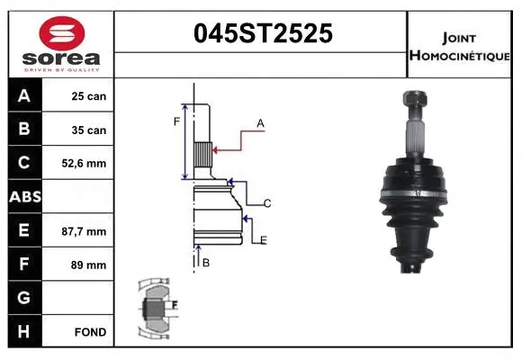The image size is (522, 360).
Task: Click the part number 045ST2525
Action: pyautogui.click(x=264, y=33)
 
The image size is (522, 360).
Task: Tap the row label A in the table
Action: pyautogui.click(x=22, y=96)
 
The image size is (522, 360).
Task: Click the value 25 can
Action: pyautogui.click(x=89, y=96)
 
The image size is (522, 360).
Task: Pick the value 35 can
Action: pyautogui.click(x=89, y=130)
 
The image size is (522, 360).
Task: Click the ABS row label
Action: pyautogui.click(x=22, y=197)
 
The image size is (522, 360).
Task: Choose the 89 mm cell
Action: pyautogui.click(x=89, y=265)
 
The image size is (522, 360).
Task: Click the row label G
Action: pyautogui.click(x=22, y=298)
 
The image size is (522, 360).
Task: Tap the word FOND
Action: pyautogui.click(x=90, y=332)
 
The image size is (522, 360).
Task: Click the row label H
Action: pyautogui.click(x=22, y=332)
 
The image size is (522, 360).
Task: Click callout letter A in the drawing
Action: pyautogui.click(x=260, y=122)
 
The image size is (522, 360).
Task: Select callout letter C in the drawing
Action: pyautogui.click(x=267, y=203)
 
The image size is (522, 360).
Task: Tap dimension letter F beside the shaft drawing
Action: pyautogui.click(x=177, y=121)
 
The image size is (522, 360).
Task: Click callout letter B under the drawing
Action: pyautogui.click(x=206, y=262)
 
